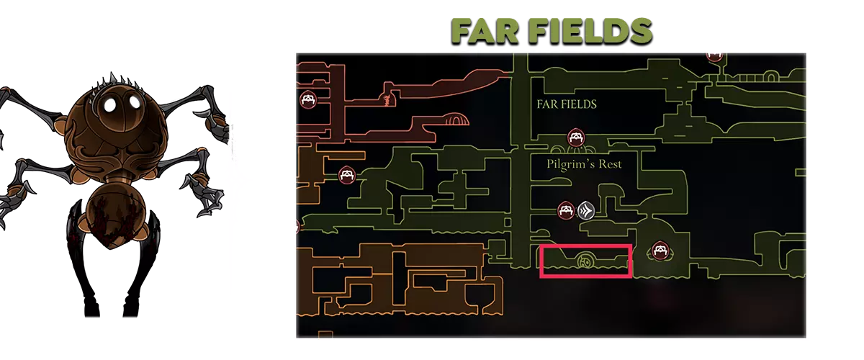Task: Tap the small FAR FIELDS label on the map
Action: [567, 104]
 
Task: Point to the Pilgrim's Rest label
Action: [584, 164]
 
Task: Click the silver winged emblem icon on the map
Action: [585, 210]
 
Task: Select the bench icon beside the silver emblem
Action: [566, 211]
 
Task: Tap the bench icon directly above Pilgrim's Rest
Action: [576, 138]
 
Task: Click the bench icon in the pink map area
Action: [308, 100]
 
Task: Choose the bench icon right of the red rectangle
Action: [660, 251]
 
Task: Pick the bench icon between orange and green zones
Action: [346, 175]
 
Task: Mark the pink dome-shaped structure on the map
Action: [456, 120]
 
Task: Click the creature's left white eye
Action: [111, 104]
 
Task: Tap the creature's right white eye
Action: [135, 101]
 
